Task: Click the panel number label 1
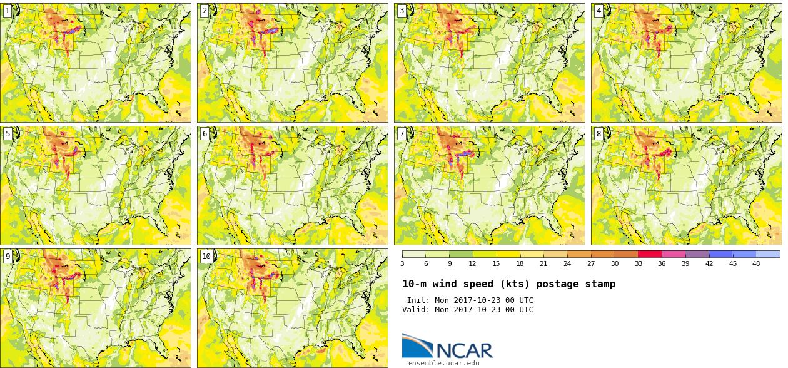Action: pos(8,11)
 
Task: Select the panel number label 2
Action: pos(205,11)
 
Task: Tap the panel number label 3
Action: pos(402,11)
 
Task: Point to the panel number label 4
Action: pos(599,11)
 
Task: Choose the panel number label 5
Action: pos(8,134)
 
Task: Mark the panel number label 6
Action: pos(205,134)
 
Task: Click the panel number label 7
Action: pos(402,134)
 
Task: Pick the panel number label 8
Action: pos(599,134)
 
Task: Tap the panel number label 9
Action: pos(8,257)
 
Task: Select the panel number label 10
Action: pos(206,257)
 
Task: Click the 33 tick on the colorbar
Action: pos(639,263)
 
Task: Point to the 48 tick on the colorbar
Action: pos(756,263)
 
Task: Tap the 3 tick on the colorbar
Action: pos(403,263)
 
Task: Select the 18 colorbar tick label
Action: pos(520,263)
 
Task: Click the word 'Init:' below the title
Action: pos(418,300)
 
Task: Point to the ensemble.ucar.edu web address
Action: pos(444,364)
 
